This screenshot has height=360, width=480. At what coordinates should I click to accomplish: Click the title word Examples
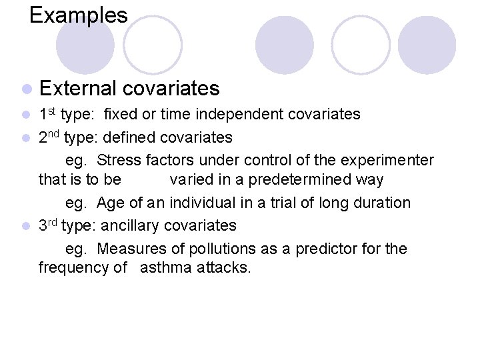(78, 15)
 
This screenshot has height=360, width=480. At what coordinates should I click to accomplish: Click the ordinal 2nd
(48, 137)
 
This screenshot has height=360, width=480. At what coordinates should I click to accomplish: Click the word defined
(129, 138)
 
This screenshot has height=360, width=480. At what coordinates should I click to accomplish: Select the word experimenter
(387, 161)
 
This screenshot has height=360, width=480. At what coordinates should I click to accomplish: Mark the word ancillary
(129, 226)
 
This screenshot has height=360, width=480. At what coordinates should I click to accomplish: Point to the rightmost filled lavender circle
(426, 45)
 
